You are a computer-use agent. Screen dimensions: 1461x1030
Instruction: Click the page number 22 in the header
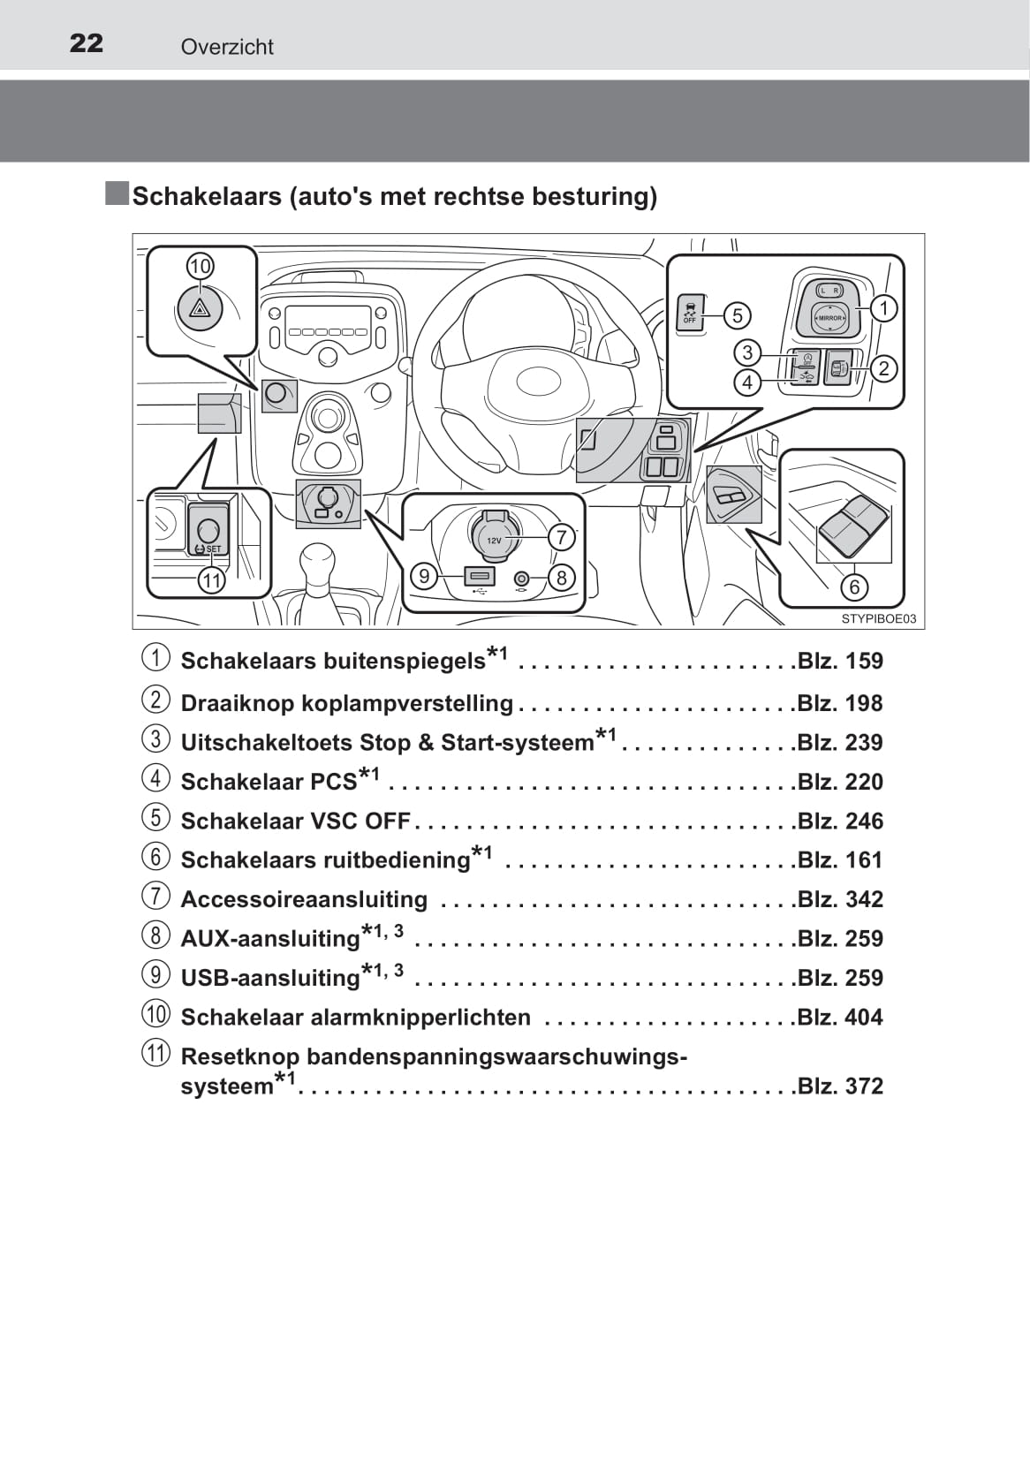(86, 43)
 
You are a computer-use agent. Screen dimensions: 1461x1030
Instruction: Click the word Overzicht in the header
(227, 47)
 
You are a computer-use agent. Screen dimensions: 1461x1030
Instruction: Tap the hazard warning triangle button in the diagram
(201, 308)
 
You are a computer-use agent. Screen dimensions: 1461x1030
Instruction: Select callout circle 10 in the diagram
(201, 266)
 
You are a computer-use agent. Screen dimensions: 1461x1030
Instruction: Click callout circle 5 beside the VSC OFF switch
(737, 315)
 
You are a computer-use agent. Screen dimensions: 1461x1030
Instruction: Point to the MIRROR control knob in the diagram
(829, 317)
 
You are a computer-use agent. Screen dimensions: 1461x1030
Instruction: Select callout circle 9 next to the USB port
(424, 577)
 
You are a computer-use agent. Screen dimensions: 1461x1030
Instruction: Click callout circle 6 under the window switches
(854, 587)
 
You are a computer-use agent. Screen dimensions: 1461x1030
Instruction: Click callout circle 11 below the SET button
(211, 580)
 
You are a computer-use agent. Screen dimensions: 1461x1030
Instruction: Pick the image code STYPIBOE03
(878, 619)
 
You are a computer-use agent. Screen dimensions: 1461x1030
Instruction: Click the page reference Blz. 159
(839, 661)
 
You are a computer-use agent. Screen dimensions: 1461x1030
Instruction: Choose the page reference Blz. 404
(839, 1018)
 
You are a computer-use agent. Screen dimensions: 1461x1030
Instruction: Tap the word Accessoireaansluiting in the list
(304, 899)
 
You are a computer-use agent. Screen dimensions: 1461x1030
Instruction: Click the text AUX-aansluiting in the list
(270, 939)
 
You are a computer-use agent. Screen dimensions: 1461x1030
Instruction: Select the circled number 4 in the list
(155, 778)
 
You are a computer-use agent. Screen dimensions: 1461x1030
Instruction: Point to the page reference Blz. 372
(839, 1086)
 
